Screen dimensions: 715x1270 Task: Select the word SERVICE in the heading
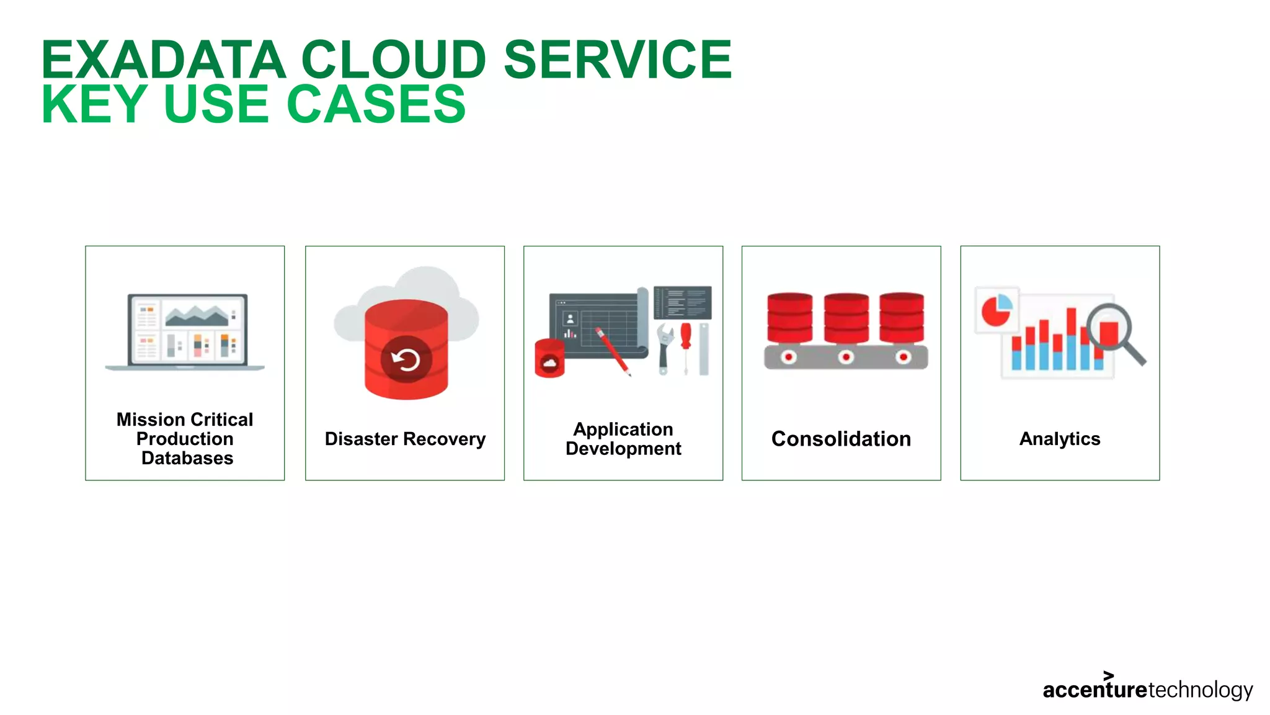[618, 60]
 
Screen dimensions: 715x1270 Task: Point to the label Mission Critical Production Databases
[185, 439]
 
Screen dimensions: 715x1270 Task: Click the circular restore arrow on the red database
[406, 360]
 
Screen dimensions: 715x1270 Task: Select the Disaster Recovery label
[405, 439]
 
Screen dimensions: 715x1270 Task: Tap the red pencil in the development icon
[613, 351]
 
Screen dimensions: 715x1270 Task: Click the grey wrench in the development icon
[664, 348]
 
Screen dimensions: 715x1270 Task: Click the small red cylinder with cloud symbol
[549, 359]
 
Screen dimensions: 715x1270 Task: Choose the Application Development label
[623, 439]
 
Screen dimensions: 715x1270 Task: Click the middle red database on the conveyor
[846, 318]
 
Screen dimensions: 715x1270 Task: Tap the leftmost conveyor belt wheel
[788, 357]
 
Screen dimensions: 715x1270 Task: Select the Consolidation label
[841, 439]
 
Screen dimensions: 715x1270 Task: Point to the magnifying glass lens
[1108, 327]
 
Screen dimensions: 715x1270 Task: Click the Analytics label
[1060, 439]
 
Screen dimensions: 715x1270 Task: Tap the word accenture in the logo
[1095, 690]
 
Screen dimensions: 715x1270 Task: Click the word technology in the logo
[1201, 690]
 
